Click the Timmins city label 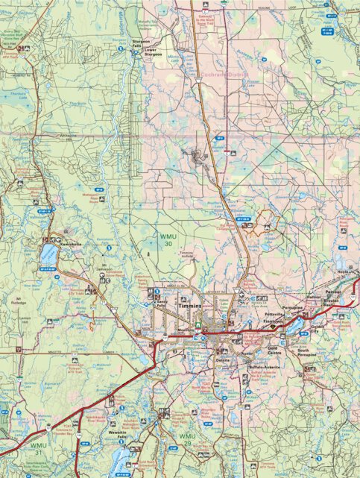190,306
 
